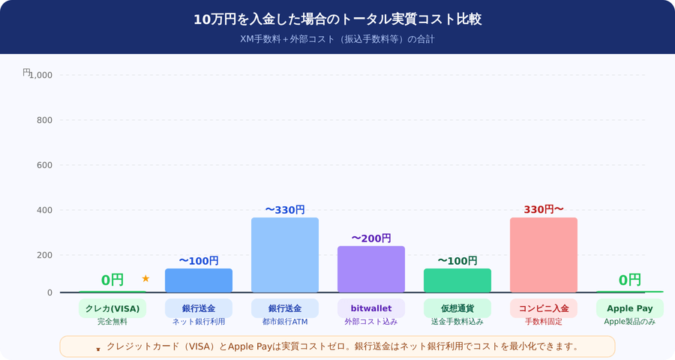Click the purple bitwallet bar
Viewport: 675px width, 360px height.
(370, 269)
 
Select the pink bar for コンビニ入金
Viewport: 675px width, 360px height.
(543, 255)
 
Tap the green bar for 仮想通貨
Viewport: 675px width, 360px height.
(457, 280)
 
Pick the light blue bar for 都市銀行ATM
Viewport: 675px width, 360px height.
(284, 255)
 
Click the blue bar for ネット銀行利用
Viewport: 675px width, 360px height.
(198, 280)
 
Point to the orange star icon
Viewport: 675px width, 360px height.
(145, 279)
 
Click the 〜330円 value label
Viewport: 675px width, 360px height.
(284, 210)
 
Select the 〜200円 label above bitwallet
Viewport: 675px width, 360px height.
(370, 238)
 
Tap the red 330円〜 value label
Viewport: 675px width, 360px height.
(543, 209)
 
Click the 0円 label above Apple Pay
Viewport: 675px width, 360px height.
(629, 280)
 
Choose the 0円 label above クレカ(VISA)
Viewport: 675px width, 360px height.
(112, 280)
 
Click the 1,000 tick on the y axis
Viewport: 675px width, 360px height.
(40, 75)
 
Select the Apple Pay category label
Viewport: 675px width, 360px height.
(629, 308)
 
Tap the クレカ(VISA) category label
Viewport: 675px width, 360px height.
(112, 308)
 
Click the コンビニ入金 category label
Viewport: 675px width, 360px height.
(543, 308)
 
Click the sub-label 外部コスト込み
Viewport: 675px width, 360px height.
(370, 322)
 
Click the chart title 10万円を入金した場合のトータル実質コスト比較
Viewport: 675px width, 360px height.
(337, 19)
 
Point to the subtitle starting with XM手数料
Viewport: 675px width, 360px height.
(337, 39)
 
